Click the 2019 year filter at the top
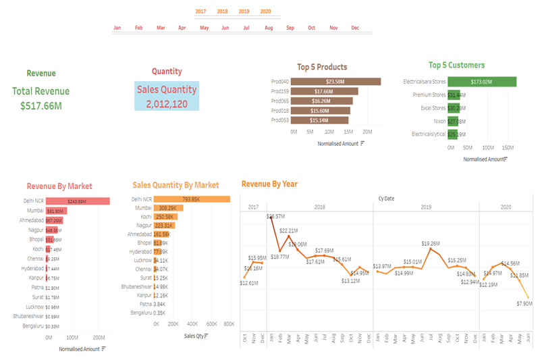[x=244, y=11]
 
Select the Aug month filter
[x=269, y=28]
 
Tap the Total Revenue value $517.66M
[x=40, y=106]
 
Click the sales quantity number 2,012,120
[x=167, y=104]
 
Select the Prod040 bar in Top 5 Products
[x=336, y=82]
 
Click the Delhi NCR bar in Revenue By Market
[x=78, y=201]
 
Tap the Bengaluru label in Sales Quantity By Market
[x=140, y=313]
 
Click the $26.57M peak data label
[x=275, y=217]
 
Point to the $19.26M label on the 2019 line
[x=430, y=243]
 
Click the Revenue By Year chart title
[x=269, y=184]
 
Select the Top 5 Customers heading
[x=456, y=66]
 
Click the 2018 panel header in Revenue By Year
[x=319, y=207]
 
